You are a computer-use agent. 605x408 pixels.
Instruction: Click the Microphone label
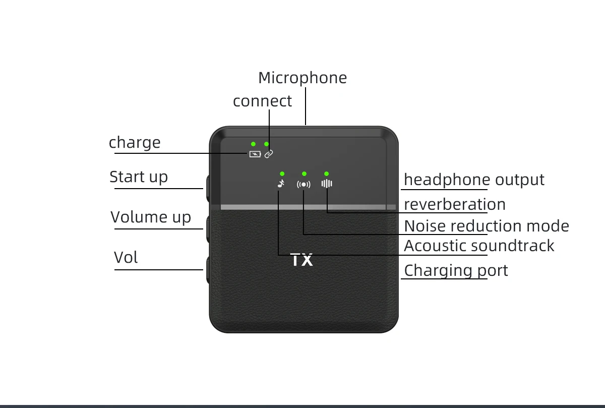click(x=302, y=78)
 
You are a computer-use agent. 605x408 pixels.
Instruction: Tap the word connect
click(x=262, y=101)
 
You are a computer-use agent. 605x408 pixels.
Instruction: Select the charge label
click(x=135, y=143)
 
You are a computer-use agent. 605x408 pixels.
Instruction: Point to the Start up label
click(x=139, y=177)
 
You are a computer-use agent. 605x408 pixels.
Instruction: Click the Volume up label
click(x=151, y=217)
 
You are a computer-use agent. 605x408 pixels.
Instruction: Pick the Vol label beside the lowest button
click(x=126, y=258)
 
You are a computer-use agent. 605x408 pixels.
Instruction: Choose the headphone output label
click(x=474, y=180)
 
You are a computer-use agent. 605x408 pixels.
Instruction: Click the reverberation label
click(x=454, y=204)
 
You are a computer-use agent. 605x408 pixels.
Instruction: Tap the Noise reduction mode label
click(x=486, y=226)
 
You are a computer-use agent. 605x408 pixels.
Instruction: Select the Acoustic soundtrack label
click(x=479, y=246)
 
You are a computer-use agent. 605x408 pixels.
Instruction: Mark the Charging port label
click(x=456, y=270)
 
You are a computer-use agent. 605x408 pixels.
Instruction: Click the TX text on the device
click(x=302, y=261)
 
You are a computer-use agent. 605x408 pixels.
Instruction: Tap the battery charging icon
click(x=255, y=154)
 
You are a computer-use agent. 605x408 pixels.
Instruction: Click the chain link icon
click(x=269, y=153)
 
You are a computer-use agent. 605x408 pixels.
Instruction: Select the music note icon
click(x=281, y=184)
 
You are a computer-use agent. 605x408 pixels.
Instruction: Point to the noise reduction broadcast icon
click(x=304, y=184)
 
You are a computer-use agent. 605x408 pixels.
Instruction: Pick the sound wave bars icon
click(x=327, y=184)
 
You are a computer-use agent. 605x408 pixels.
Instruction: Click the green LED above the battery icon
click(x=253, y=144)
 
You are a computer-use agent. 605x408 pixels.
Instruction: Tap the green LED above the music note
click(x=282, y=173)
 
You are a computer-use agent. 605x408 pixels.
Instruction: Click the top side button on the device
click(x=207, y=189)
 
